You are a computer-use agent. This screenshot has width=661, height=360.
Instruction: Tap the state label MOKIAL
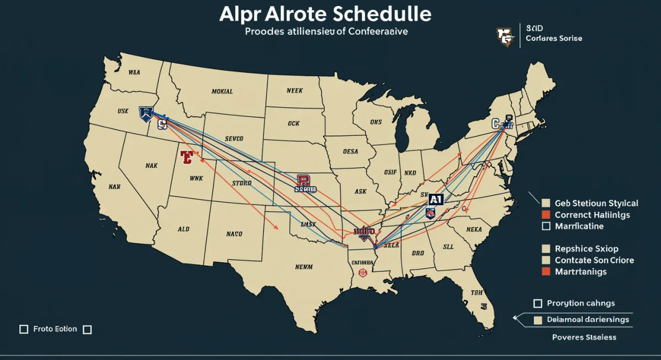coord(222,91)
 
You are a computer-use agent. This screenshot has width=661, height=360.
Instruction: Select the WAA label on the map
coord(134,72)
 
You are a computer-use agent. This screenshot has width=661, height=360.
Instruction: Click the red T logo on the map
coord(186,157)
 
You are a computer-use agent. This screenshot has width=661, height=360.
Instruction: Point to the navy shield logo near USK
coord(146,113)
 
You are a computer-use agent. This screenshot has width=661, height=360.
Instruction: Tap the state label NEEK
coord(295,91)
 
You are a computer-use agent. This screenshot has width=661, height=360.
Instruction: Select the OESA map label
coord(350,151)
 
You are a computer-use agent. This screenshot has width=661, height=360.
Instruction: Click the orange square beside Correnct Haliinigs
coord(546,215)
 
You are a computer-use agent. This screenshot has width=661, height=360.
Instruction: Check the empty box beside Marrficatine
coord(546,226)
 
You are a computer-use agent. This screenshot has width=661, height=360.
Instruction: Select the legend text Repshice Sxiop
coord(586,248)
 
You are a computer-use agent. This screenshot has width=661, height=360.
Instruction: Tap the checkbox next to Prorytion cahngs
coord(538,303)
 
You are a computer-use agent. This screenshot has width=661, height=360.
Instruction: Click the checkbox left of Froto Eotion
coord(24,329)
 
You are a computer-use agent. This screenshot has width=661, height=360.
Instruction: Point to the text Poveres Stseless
coord(584,337)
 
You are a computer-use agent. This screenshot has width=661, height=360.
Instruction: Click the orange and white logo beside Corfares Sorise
coord(506,36)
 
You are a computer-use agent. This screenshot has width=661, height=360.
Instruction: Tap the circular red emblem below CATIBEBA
coord(362,272)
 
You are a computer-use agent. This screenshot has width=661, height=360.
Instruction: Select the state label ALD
coord(184,228)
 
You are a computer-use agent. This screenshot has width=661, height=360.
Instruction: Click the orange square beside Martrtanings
coord(546,271)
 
